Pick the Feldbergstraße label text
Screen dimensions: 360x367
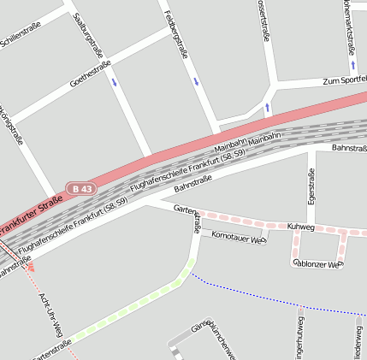coord(177,34)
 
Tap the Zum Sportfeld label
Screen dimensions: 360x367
coord(344,80)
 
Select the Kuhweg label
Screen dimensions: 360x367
coord(301,227)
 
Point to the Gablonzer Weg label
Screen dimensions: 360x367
coord(317,264)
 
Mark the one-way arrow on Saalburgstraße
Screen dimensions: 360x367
coord(115,83)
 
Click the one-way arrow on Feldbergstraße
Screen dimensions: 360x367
coord(196,82)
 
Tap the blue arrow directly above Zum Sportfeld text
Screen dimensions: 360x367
coord(352,64)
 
